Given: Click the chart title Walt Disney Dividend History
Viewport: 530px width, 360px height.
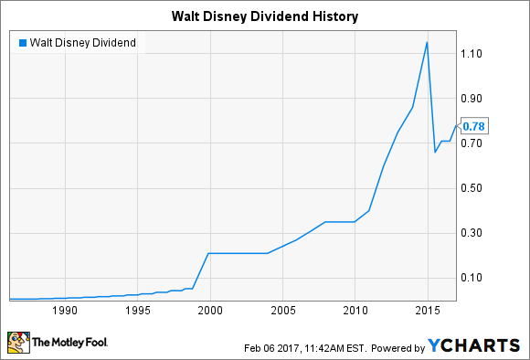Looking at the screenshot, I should pos(265,16).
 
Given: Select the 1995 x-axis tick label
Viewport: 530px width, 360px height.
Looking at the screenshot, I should pos(137,311).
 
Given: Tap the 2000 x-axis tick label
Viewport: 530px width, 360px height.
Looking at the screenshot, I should pos(210,311).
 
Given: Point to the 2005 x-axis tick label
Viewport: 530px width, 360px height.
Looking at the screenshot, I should pos(283,311).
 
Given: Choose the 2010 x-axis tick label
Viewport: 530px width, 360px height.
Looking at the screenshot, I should pos(355,311).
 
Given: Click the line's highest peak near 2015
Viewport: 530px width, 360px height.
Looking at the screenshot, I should pos(427,42).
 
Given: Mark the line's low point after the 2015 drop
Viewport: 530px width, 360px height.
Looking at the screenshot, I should pos(435,152).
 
